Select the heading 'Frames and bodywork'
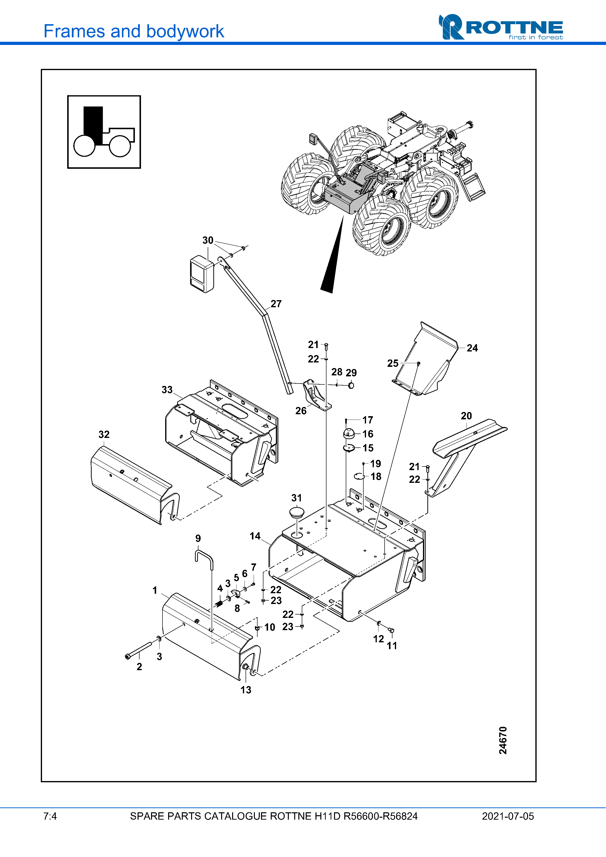[134, 31]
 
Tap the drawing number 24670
[503, 740]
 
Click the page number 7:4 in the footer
[50, 816]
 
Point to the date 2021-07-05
[508, 816]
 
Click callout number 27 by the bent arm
[276, 304]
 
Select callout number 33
[167, 390]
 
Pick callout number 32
[104, 434]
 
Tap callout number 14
[255, 536]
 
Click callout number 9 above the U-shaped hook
[198, 538]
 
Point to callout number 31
[296, 498]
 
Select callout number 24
[472, 348]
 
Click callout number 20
[466, 416]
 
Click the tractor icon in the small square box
[104, 131]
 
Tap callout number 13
[246, 690]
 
